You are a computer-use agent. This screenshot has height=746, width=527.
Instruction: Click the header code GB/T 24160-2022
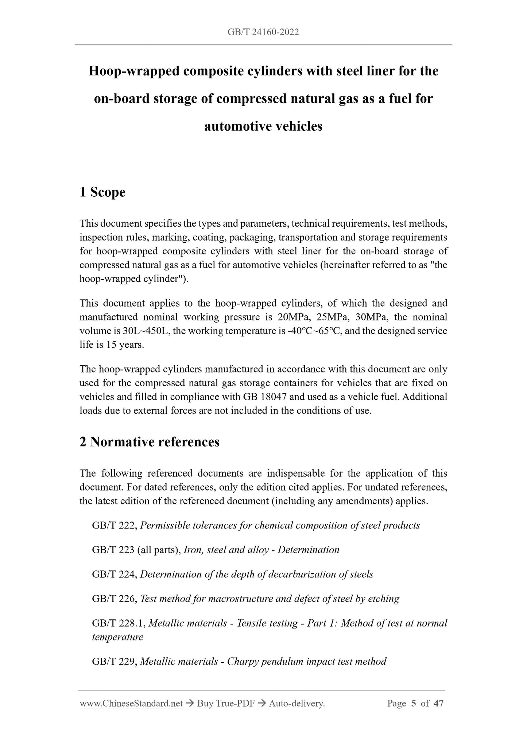263,32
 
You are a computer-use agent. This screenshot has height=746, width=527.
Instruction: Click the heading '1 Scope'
102,192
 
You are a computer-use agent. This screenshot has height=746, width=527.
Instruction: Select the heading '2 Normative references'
150,442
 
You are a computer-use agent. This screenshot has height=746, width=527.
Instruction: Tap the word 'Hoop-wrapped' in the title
134,71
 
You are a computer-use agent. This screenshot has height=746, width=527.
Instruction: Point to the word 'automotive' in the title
236,126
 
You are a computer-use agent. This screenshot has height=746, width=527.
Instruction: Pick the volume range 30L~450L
145,331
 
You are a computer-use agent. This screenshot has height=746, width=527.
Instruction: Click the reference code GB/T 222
114,525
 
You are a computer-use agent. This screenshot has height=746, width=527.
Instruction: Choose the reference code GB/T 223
114,550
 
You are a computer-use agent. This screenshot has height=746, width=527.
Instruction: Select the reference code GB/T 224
114,574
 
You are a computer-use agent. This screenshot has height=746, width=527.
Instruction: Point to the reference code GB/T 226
114,599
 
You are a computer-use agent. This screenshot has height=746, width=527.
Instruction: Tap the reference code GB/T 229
114,661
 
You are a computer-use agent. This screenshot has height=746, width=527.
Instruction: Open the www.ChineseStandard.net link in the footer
131,703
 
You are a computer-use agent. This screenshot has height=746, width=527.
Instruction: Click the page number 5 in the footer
413,703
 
